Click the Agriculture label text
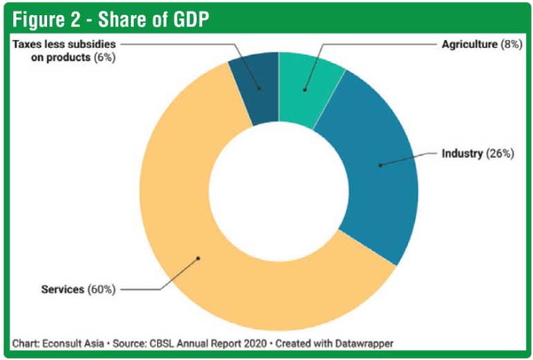tap(469, 44)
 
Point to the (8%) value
tap(510, 44)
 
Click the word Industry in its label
tap(461, 153)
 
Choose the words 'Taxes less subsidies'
tap(64, 45)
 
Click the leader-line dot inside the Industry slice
tap(380, 165)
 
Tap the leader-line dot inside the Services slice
tap(198, 258)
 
